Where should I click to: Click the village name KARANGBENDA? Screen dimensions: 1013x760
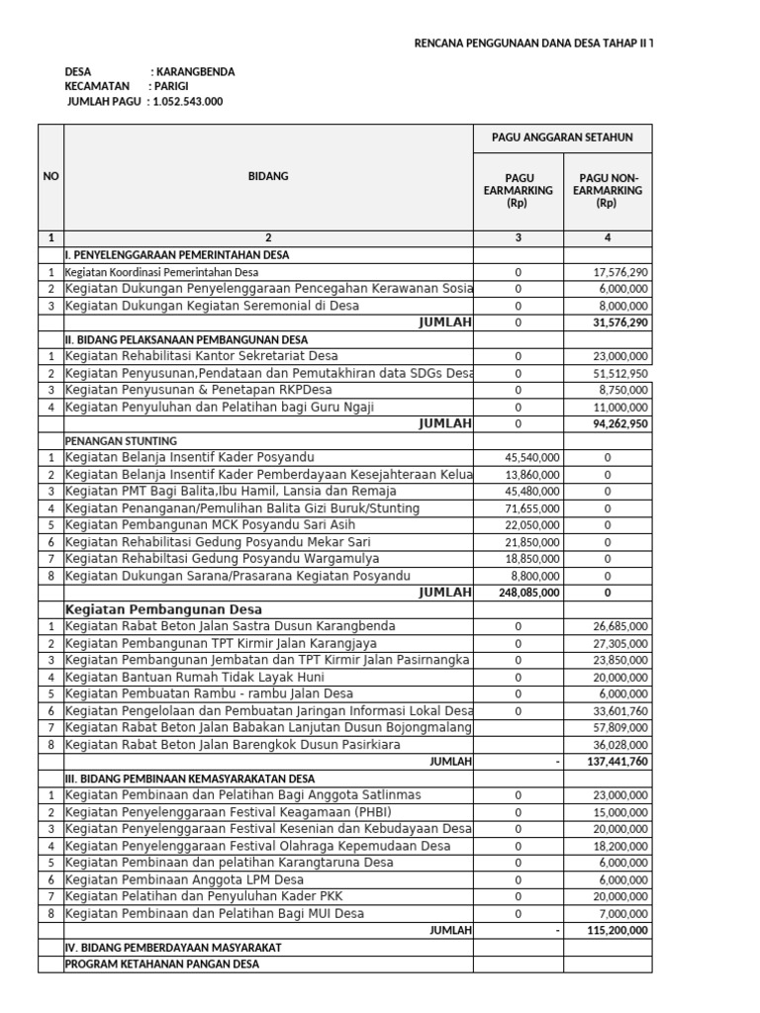pyautogui.click(x=196, y=72)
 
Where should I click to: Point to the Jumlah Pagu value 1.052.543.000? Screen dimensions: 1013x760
pyautogui.click(x=188, y=101)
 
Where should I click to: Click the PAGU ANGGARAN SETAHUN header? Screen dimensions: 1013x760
pyautogui.click(x=562, y=138)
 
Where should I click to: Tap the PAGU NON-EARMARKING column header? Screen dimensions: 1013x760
pyautogui.click(x=607, y=190)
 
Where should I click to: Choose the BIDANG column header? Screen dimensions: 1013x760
pyautogui.click(x=268, y=176)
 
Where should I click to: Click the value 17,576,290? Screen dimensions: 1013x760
pyautogui.click(x=620, y=272)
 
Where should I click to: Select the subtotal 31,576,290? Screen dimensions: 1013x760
pyautogui.click(x=619, y=322)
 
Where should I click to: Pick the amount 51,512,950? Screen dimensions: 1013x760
pyautogui.click(x=620, y=373)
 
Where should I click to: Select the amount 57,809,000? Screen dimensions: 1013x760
pyautogui.click(x=620, y=727)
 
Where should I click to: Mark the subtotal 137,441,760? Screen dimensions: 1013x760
pyautogui.click(x=618, y=762)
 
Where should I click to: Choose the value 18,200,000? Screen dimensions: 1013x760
pyautogui.click(x=620, y=846)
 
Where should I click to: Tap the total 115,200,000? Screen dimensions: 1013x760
pyautogui.click(x=618, y=930)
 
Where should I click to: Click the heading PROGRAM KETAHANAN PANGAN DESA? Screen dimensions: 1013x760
pyautogui.click(x=161, y=964)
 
